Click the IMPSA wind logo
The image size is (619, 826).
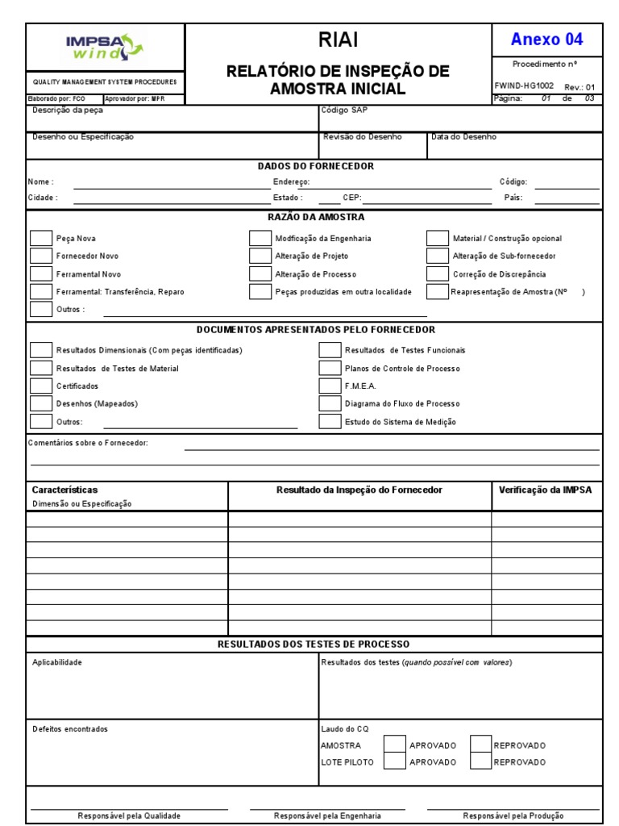[x=105, y=46]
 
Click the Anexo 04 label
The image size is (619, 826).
[x=546, y=40]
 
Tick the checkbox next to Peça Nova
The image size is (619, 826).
[x=40, y=238]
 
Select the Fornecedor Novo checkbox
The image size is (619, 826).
[x=40, y=256]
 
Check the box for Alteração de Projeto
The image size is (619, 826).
[x=260, y=256]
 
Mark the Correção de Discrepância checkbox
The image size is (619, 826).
[x=437, y=274]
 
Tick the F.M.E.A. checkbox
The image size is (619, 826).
[x=330, y=386]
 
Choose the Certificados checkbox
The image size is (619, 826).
[x=40, y=386]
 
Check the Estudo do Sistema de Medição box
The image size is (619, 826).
[x=330, y=421]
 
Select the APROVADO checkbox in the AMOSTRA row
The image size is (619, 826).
[x=394, y=745]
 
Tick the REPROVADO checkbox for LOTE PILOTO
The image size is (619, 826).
[x=480, y=761]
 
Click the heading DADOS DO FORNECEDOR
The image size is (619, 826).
[x=315, y=166]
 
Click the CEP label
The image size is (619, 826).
[x=351, y=197]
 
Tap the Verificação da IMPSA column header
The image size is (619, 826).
[x=546, y=490]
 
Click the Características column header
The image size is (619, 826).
[x=64, y=490]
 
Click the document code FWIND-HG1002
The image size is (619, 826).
[x=524, y=85]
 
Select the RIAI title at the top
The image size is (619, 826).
[x=339, y=40]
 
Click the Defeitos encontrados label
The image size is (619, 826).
[x=69, y=729]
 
